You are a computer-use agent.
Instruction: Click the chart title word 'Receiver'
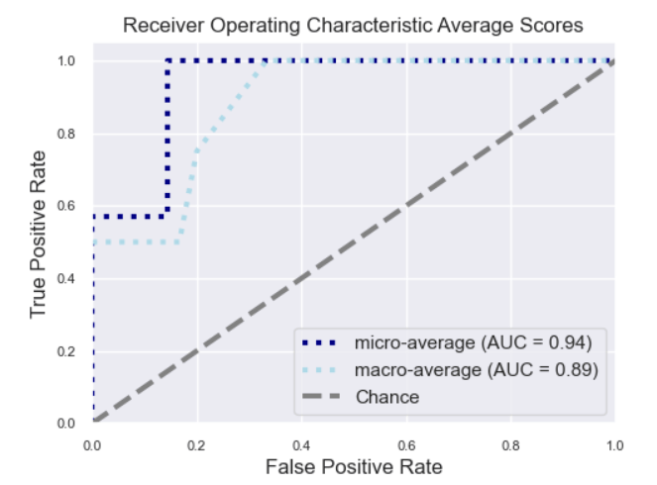[164, 25]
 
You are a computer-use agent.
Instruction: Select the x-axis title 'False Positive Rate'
[354, 466]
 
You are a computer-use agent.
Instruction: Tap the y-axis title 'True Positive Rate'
[38, 235]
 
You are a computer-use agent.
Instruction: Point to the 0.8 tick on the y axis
[66, 134]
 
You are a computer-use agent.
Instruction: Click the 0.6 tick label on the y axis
[66, 206]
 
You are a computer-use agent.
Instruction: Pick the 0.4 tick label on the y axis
[66, 279]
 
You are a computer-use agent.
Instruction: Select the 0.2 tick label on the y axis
[66, 351]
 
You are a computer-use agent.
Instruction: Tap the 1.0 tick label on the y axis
[66, 61]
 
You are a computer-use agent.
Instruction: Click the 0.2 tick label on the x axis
[196, 445]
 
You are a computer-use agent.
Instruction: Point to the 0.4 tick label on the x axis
[301, 445]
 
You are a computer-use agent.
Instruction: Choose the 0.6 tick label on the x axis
[406, 445]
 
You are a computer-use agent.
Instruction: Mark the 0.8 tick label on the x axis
[510, 445]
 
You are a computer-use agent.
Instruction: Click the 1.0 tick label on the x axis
[614, 445]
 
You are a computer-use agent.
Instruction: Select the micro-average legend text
[473, 342]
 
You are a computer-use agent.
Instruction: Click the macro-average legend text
[477, 370]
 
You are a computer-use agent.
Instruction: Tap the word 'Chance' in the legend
[387, 397]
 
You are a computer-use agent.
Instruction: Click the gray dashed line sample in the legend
[321, 396]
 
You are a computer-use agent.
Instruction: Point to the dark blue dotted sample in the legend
[319, 342]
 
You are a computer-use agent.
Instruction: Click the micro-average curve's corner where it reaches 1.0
[167, 61]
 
